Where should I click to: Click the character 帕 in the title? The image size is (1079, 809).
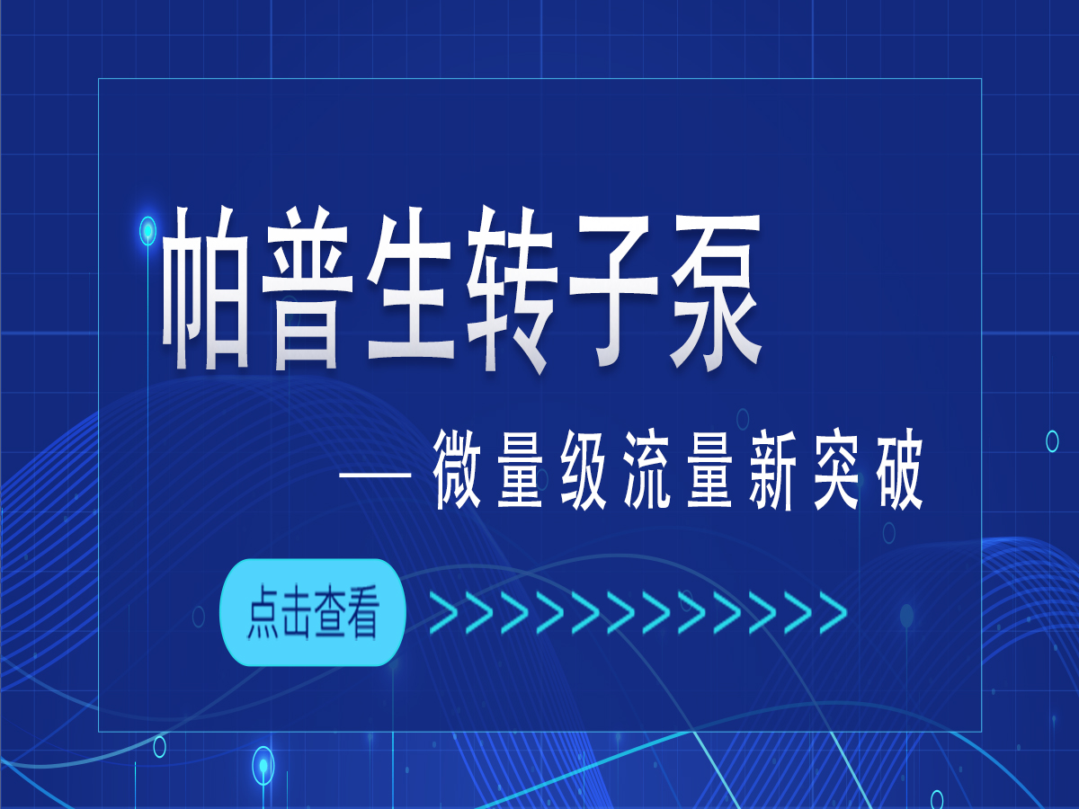tap(207, 289)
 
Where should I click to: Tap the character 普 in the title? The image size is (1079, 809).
tap(308, 289)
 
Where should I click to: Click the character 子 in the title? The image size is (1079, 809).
tap(613, 289)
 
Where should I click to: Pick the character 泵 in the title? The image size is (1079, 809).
tap(716, 289)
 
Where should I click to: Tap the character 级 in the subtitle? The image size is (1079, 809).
tap(584, 469)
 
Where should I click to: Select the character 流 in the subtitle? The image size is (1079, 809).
tap(647, 469)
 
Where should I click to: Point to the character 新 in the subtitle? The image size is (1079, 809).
tap(772, 469)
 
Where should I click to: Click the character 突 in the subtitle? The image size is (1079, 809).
tap(835, 469)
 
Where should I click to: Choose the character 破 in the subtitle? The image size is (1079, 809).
tap(899, 469)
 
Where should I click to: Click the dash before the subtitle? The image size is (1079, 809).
tap(376, 475)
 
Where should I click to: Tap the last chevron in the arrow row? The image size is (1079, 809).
tap(834, 612)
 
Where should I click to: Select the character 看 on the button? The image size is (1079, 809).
tap(363, 612)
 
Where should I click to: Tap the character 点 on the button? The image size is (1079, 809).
tap(263, 612)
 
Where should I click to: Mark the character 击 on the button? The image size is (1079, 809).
tap(297, 612)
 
